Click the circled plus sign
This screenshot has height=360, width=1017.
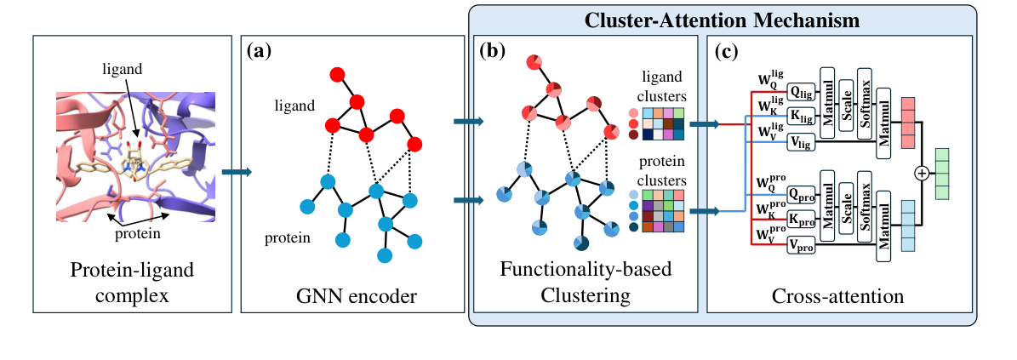921,173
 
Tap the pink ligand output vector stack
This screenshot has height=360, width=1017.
906,122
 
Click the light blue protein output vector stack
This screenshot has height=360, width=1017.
906,226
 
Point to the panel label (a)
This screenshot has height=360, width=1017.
259,51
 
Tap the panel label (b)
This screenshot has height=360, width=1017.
491,51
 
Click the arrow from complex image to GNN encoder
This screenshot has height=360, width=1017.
236,173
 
